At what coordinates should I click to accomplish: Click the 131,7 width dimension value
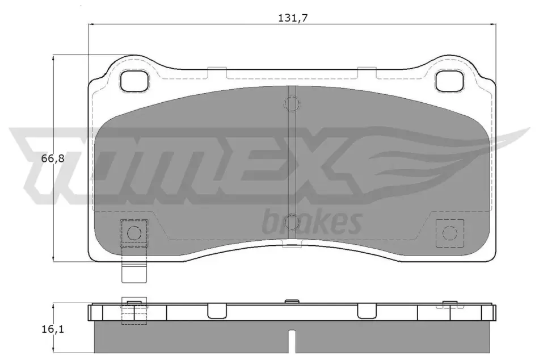pyautogui.click(x=293, y=18)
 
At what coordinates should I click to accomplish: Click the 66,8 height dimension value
pyautogui.click(x=53, y=158)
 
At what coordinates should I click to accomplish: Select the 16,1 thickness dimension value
pyautogui.click(x=53, y=329)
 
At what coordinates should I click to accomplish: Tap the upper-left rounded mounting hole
pyautogui.click(x=134, y=82)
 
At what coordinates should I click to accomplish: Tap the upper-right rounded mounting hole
pyautogui.click(x=449, y=82)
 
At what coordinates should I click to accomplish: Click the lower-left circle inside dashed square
pyautogui.click(x=134, y=233)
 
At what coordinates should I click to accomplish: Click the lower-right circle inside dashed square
pyautogui.click(x=449, y=233)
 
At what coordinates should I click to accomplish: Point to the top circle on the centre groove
pyautogui.click(x=292, y=103)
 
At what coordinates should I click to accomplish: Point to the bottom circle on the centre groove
pyautogui.click(x=292, y=221)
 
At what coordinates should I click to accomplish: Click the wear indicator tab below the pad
pyautogui.click(x=134, y=273)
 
